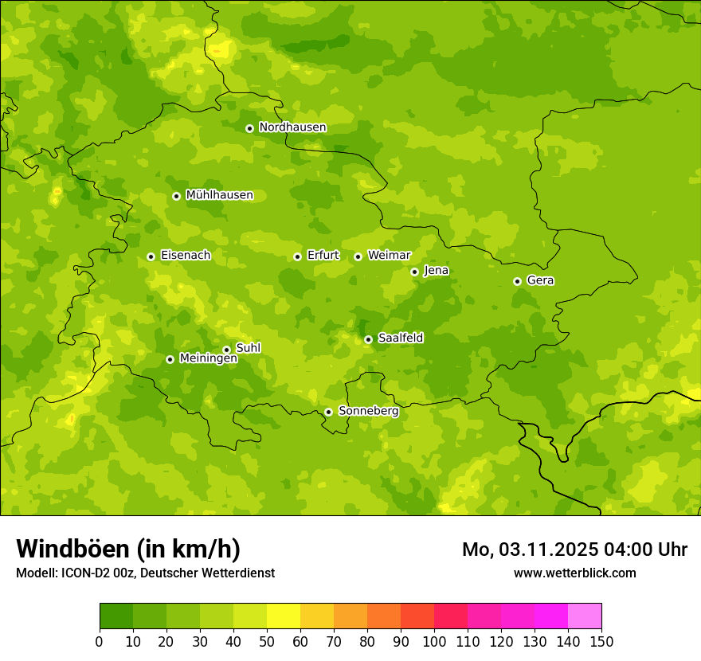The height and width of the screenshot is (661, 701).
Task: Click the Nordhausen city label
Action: coord(292,127)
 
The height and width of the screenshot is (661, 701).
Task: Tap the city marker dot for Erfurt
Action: coord(297,256)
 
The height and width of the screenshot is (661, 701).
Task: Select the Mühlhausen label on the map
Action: coord(219,195)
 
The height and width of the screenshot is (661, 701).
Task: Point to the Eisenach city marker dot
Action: coord(151,256)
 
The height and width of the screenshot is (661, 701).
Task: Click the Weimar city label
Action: coord(389,256)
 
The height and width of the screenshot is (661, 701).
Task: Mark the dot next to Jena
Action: coord(414,272)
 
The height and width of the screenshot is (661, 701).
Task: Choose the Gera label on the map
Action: coord(540,280)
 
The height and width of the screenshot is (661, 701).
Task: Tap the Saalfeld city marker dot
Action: coord(368,339)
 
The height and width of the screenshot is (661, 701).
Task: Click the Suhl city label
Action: coord(248,348)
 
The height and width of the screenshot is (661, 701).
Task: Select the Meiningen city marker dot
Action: coord(170,359)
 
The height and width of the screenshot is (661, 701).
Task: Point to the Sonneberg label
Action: coord(368,411)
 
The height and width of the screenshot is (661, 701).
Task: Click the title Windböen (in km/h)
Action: coord(128,549)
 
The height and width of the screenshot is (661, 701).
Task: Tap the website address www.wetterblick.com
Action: coord(574,573)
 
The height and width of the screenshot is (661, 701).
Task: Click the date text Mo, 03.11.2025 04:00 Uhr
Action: coord(574,550)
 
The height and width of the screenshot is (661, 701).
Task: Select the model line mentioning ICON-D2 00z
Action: coord(145,573)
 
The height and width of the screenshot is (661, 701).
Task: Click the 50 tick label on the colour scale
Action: coord(267,641)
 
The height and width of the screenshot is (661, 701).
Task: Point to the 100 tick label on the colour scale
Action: coord(434,641)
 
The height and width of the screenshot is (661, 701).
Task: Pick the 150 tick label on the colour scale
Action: coord(601,641)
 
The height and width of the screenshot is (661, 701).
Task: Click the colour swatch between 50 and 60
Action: coord(284,616)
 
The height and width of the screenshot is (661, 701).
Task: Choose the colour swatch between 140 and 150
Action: coord(585,616)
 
